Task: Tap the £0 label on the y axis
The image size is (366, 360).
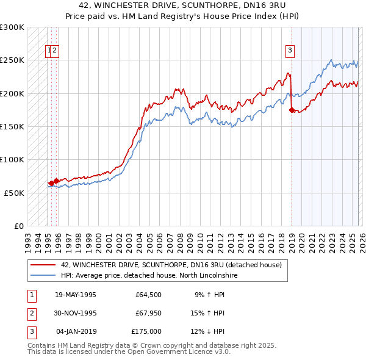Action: coord(18,226)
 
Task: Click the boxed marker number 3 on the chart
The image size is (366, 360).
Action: coord(290,51)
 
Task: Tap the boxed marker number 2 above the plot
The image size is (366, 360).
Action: coord(54,51)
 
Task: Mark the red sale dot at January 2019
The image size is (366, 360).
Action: coord(292,110)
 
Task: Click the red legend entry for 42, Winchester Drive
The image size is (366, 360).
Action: coord(171,265)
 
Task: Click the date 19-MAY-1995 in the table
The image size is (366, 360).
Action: coord(75,295)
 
